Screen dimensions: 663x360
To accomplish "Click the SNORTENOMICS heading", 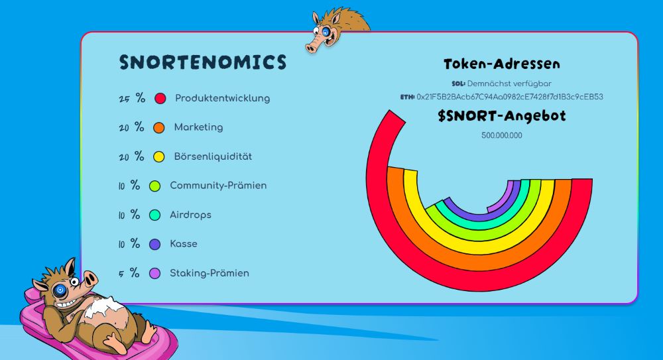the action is (x=203, y=62).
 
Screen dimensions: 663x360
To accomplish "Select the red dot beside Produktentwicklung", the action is (x=160, y=99).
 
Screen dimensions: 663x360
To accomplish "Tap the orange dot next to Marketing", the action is (x=159, y=128).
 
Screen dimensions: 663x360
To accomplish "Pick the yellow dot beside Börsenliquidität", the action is (x=159, y=157).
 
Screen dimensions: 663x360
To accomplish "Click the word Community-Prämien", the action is (x=218, y=185).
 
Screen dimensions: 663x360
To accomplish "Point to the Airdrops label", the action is (x=190, y=215).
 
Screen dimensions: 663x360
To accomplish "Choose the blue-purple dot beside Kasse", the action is (x=155, y=245).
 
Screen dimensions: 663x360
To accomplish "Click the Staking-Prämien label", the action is (x=210, y=273).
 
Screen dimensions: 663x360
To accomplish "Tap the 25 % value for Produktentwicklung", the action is (x=132, y=98).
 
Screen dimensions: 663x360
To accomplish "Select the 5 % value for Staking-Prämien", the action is (x=129, y=273).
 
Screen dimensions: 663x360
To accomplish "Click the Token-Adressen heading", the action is (x=502, y=64).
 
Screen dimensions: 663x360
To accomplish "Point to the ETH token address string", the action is (x=509, y=97).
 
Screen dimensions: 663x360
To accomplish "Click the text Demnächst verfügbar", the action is (x=509, y=84).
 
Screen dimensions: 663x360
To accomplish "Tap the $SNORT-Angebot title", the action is (x=502, y=116).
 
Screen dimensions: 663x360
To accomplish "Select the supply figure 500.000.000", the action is (x=502, y=135).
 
